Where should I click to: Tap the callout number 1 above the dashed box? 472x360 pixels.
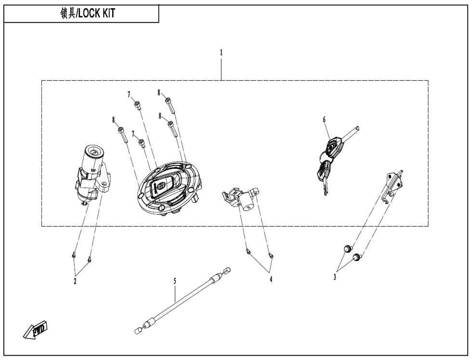pos(221,52)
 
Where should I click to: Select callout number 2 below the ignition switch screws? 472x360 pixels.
pos(75,281)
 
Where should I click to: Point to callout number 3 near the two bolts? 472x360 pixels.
pos(334,277)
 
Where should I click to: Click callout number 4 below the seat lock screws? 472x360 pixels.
pos(271,280)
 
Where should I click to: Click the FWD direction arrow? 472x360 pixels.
pos(36,330)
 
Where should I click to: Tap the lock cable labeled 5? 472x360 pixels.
pos(182,300)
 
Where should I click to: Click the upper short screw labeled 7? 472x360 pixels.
pos(137,105)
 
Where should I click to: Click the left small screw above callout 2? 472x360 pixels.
pos(73,256)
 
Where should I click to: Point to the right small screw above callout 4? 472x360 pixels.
pos(271,256)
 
